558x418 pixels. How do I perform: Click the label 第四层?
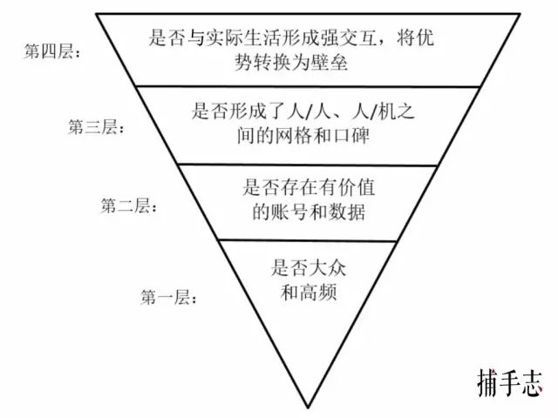[x=53, y=51]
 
